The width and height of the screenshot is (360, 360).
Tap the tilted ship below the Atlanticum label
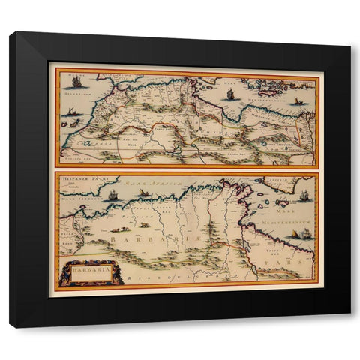pyautogui.click(x=72, y=112)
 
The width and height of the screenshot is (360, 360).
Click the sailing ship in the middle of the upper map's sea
pyautogui.click(x=230, y=94)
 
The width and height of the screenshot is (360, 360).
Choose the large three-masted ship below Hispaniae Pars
pyautogui.click(x=112, y=196)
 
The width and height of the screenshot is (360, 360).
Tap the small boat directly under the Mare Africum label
pyautogui.click(x=143, y=193)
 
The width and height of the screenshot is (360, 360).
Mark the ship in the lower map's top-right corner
pyautogui.click(x=304, y=196)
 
